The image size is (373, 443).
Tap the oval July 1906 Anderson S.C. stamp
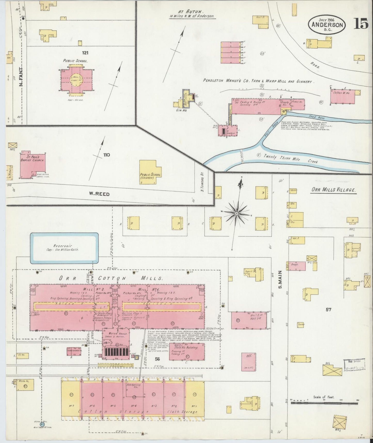tap(327, 25)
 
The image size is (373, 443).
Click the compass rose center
tap(236, 213)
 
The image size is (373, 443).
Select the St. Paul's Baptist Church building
tap(33, 165)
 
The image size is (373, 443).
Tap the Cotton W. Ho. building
tap(342, 96)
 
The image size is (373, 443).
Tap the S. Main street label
tap(280, 280)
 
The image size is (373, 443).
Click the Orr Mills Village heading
tap(333, 190)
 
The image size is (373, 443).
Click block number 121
tap(85, 53)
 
